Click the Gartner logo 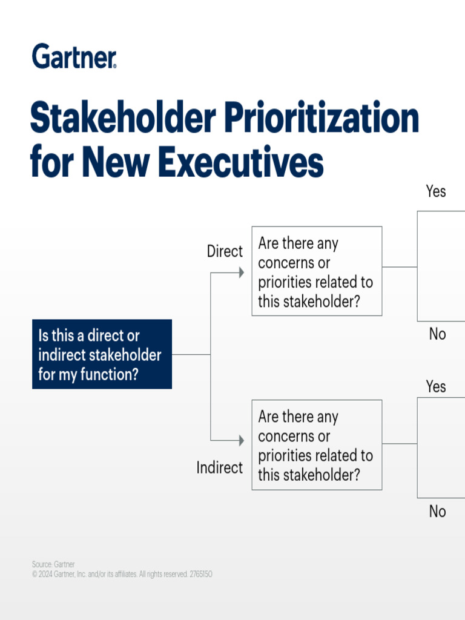click(x=74, y=56)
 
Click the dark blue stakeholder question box click(x=102, y=354)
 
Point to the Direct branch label click(x=225, y=251)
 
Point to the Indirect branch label click(x=219, y=467)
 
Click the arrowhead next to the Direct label click(x=241, y=272)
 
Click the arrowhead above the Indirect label click(x=241, y=440)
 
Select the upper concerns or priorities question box click(x=317, y=271)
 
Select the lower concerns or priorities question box click(x=317, y=445)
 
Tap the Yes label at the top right click(x=435, y=191)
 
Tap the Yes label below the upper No click(x=435, y=386)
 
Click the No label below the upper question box click(x=437, y=334)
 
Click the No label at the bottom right click(x=437, y=512)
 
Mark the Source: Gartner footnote click(x=53, y=564)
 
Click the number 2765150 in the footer click(x=200, y=574)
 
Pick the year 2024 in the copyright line click(x=45, y=574)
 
